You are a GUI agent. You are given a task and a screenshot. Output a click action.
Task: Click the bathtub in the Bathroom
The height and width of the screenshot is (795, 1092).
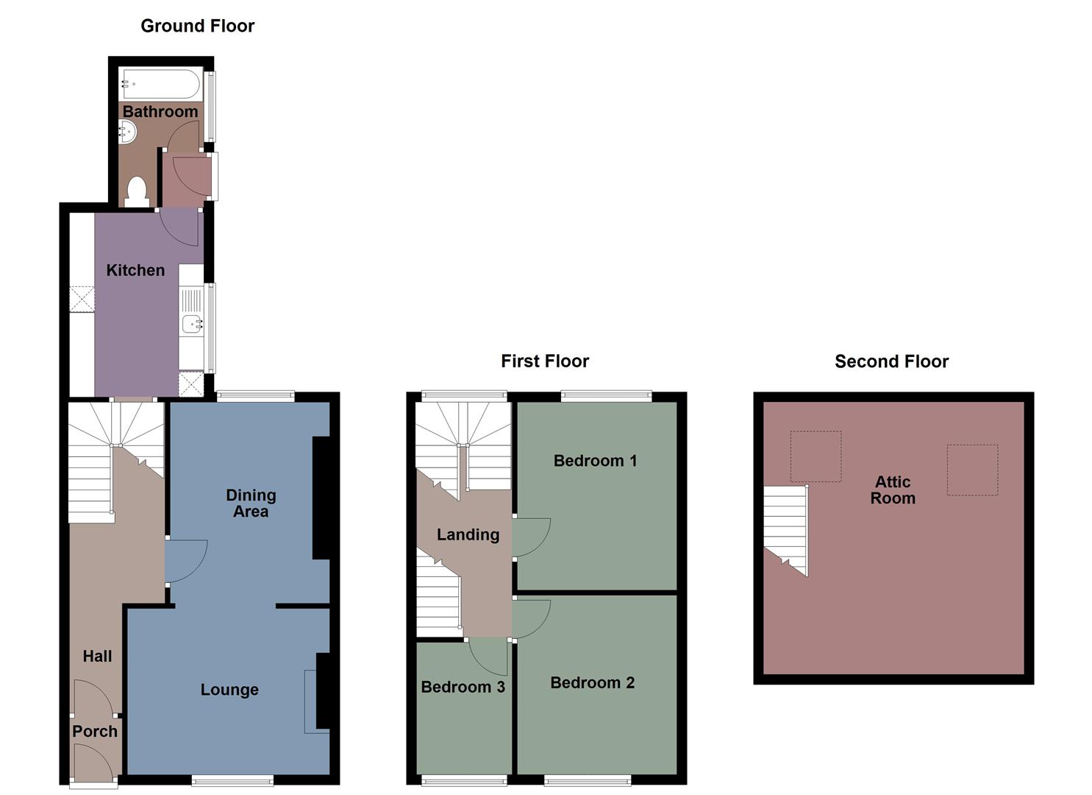161,84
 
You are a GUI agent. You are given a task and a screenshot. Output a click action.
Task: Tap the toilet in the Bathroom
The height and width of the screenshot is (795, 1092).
137,191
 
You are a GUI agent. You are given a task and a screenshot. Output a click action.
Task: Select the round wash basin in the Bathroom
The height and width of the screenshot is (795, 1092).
127,132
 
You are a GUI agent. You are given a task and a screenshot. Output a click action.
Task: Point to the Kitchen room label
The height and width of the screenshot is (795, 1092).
135,270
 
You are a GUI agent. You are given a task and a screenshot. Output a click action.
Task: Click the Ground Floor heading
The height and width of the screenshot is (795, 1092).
197,26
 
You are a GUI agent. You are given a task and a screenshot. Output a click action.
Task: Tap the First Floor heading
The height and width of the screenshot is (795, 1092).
545,361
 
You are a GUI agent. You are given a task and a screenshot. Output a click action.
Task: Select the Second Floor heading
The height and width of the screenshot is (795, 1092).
891,361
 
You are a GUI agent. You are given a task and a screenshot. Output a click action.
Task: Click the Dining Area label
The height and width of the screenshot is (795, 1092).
251,504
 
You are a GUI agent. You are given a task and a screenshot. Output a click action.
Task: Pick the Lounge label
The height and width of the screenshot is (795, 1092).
229,690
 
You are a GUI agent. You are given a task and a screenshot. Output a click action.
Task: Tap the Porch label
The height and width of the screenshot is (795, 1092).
95,732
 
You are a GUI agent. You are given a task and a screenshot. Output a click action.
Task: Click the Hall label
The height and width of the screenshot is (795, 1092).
97,656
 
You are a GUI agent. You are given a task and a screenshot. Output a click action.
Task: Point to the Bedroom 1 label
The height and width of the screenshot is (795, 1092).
595,461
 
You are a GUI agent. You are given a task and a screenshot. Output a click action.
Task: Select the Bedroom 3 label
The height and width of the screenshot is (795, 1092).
463,687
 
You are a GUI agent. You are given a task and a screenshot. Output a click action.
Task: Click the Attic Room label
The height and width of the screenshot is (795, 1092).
893,490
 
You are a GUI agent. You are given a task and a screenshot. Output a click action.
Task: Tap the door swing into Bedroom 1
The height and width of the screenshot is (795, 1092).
529,537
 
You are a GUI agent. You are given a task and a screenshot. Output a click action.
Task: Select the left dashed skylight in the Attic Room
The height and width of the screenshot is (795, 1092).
816,456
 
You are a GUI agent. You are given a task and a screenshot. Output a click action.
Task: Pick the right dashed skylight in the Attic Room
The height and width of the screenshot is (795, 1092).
972,470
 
